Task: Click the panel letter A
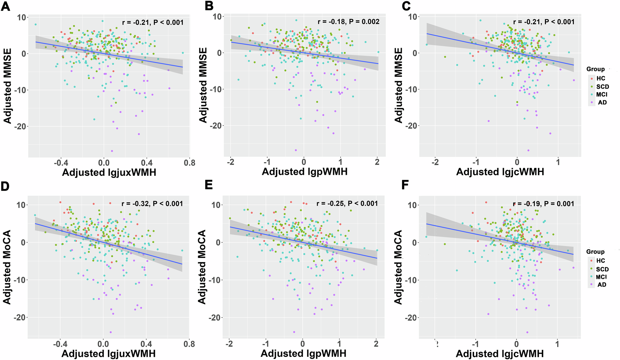5,6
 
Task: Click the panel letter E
208,185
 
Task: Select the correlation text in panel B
348,22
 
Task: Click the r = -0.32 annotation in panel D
152,204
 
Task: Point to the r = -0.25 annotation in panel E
347,204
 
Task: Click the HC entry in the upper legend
601,78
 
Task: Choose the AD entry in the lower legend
601,285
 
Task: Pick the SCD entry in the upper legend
602,87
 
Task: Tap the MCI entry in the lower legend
601,277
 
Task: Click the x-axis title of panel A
109,172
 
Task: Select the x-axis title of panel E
304,353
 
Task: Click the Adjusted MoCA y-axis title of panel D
7,267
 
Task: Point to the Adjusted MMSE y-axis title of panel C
398,85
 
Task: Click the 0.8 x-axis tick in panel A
189,163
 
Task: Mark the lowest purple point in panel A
112,151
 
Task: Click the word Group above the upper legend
595,69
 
